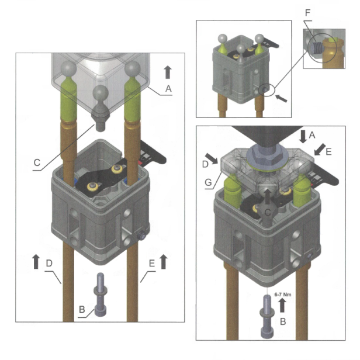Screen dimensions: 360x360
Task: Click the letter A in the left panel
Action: coord(170,89)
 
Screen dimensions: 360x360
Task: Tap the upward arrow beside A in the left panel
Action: coord(168,72)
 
